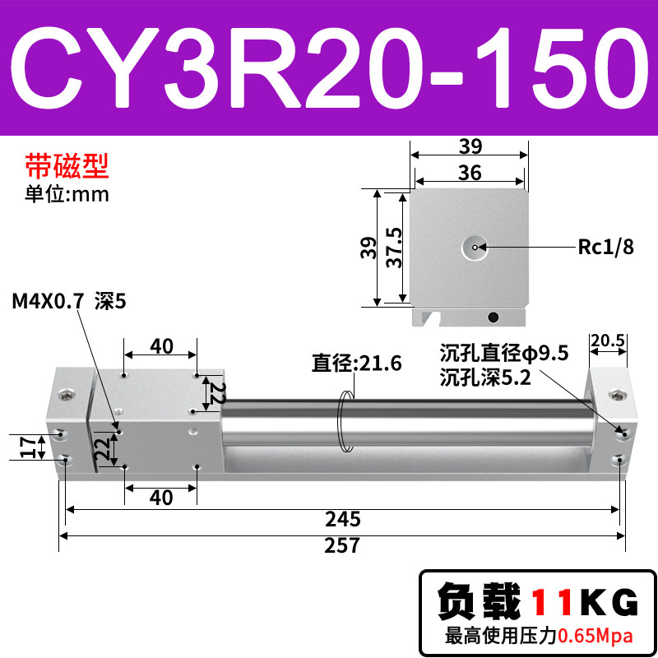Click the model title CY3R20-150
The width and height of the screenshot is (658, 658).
[329, 67]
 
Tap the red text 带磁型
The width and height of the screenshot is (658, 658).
[67, 166]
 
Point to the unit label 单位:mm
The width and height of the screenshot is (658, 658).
[67, 194]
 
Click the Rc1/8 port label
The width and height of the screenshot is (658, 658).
[605, 247]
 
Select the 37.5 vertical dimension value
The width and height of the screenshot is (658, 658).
[394, 248]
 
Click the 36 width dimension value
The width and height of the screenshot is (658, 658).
[470, 173]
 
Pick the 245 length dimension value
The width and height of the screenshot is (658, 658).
[342, 520]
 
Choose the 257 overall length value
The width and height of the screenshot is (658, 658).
[342, 545]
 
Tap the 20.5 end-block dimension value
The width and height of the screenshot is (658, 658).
[608, 341]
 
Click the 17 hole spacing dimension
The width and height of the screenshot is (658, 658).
[27, 447]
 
